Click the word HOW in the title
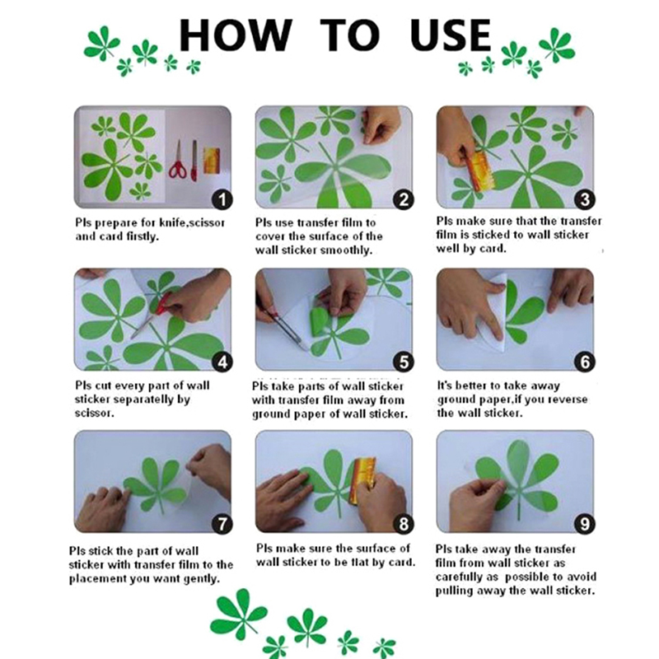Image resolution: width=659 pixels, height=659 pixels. [x=236, y=35]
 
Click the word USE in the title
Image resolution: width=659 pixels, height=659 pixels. [x=451, y=35]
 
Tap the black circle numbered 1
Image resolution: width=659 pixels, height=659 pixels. [x=222, y=199]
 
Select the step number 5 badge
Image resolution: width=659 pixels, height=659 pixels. [x=404, y=362]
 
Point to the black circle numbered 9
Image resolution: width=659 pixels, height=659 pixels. [x=585, y=524]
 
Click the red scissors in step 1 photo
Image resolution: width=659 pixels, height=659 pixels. [x=178, y=161]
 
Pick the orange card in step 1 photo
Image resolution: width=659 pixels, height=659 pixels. [x=212, y=160]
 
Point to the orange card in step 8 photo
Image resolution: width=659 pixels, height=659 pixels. [x=363, y=480]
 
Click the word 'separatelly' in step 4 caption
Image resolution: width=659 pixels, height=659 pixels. [x=143, y=400]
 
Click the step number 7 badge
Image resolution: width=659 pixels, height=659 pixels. [x=222, y=524]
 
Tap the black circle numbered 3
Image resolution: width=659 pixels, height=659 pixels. [x=585, y=199]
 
